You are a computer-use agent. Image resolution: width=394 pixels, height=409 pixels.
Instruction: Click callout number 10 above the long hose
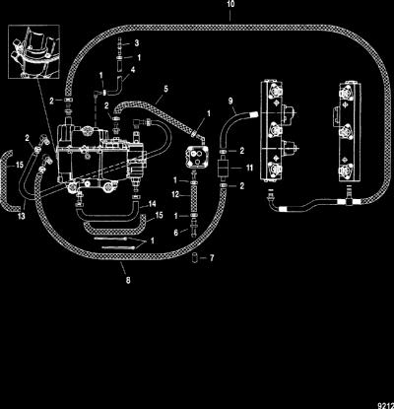tap(230, 4)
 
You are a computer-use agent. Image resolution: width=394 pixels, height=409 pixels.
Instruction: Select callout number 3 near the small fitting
tap(137, 43)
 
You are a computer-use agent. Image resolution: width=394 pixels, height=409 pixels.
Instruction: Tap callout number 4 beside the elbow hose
tap(133, 70)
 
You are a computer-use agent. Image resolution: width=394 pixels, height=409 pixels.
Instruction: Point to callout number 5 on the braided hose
tap(166, 89)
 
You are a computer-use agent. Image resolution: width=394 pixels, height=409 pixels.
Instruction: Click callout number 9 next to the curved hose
tap(230, 101)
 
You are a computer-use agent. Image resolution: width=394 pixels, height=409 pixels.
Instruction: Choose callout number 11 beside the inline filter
tap(249, 168)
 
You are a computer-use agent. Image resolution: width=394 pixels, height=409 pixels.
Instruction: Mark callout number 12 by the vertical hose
tap(175, 194)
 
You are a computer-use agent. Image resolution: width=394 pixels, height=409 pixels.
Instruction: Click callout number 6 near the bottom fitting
tap(176, 233)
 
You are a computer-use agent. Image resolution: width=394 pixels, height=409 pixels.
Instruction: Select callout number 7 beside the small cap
tap(212, 258)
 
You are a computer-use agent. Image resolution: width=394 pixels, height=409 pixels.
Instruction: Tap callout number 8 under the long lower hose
tap(128, 280)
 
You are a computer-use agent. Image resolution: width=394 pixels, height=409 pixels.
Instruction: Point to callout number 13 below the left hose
tap(22, 216)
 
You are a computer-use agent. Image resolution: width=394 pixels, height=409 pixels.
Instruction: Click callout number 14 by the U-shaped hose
tap(152, 204)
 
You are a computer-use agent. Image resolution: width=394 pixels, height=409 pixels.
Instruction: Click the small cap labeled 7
tap(195, 258)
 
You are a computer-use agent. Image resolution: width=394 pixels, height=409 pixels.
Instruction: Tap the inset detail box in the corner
tap(33, 51)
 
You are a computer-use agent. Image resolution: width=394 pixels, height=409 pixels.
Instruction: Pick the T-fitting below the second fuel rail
tap(348, 199)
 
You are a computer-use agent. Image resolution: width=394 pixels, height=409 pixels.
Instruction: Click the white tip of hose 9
tap(254, 114)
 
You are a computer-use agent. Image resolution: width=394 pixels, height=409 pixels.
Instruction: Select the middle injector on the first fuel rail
tap(275, 129)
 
